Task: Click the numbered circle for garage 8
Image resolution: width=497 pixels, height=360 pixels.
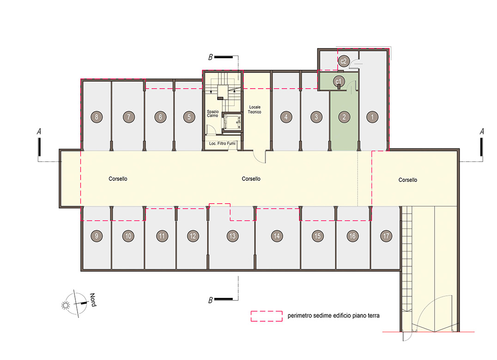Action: [x=97, y=117]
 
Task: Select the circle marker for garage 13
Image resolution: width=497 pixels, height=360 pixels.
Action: [x=232, y=236]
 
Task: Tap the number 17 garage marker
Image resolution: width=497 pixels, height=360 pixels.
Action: [x=386, y=236]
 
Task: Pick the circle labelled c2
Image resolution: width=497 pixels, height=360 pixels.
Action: [x=344, y=61]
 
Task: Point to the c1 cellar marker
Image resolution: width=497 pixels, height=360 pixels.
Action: [x=339, y=81]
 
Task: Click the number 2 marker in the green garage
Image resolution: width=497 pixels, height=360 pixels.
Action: [x=344, y=117]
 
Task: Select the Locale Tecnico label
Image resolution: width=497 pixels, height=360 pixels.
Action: [x=255, y=109]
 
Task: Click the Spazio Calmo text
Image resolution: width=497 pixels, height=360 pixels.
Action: [x=212, y=114]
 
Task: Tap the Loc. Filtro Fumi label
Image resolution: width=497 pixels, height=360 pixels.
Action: [x=222, y=144]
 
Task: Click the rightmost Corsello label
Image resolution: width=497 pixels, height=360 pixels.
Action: [x=407, y=180]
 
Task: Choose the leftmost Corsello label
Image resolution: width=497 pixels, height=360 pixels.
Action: [x=118, y=179]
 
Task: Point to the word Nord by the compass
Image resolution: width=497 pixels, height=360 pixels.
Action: [x=93, y=300]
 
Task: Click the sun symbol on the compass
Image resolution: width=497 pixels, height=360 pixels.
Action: [x=66, y=305]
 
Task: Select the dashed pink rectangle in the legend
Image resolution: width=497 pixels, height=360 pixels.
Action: [x=267, y=316]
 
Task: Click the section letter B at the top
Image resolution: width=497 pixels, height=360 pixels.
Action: [x=211, y=57]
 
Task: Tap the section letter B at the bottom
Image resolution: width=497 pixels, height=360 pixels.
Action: [x=211, y=300]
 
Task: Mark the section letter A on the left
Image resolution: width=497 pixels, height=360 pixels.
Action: [x=39, y=132]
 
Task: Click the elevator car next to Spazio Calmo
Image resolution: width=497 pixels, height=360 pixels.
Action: [x=232, y=122]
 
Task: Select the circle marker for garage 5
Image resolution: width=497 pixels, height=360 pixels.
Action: [x=189, y=117]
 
